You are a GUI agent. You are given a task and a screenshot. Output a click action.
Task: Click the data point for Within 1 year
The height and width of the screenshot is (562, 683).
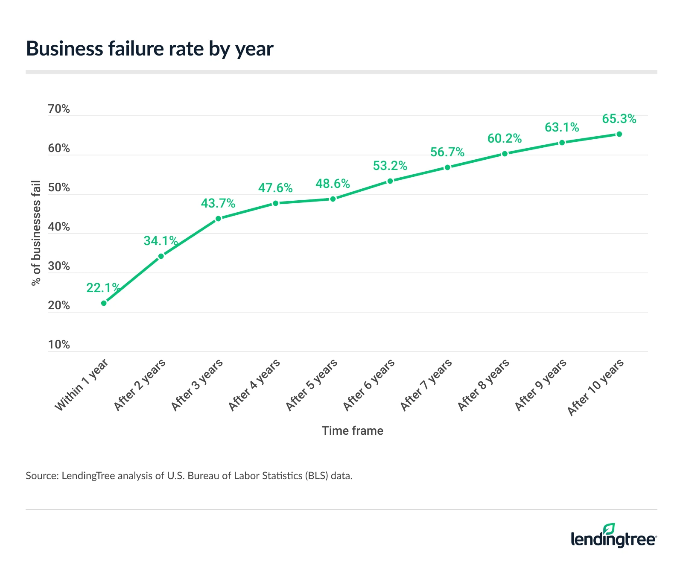pyautogui.click(x=104, y=303)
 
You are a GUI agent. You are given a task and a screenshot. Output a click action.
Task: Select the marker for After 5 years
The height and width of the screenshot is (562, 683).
pyautogui.click(x=333, y=199)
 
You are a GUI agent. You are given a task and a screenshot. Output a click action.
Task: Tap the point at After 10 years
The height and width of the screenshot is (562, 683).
pyautogui.click(x=619, y=134)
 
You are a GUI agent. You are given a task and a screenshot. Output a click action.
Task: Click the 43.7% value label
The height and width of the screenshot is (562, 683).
pyautogui.click(x=218, y=203)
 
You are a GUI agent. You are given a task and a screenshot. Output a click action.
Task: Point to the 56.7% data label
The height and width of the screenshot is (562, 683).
pyautogui.click(x=447, y=152)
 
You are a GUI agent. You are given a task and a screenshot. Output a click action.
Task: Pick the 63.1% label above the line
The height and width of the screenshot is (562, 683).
pyautogui.click(x=562, y=127)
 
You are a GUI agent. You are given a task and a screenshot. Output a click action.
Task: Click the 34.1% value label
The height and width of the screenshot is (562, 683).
pyautogui.click(x=161, y=241)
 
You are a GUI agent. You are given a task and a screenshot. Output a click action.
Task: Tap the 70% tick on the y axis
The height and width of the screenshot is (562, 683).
pyautogui.click(x=59, y=109)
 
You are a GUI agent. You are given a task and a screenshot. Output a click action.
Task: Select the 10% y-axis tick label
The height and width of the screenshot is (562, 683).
pyautogui.click(x=59, y=345)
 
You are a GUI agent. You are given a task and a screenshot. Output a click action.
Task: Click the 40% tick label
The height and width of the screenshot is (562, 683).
pyautogui.click(x=59, y=227)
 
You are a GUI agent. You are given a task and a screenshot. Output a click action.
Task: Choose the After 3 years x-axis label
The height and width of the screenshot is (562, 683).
pyautogui.click(x=197, y=385)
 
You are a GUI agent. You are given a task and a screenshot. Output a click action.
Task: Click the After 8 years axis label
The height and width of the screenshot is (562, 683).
pyautogui.click(x=484, y=385)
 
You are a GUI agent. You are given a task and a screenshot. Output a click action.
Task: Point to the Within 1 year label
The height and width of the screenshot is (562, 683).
pyautogui.click(x=82, y=386)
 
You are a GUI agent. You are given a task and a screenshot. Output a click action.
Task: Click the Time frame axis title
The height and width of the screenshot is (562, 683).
pyautogui.click(x=352, y=430)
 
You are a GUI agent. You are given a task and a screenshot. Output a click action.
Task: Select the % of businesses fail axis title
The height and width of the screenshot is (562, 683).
pyautogui.click(x=36, y=233)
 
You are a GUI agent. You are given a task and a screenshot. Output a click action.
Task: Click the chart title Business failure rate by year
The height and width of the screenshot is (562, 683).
pyautogui.click(x=149, y=49)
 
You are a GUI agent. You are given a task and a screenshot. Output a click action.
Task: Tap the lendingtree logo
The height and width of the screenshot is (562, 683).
pyautogui.click(x=613, y=539)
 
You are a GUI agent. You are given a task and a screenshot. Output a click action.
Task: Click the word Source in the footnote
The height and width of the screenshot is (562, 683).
pyautogui.click(x=41, y=476)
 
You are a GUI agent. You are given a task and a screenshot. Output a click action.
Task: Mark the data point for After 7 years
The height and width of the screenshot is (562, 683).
pyautogui.click(x=447, y=167)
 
